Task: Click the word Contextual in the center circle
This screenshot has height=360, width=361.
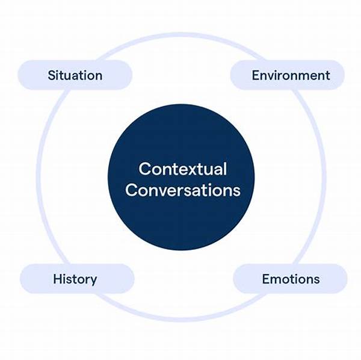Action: (x=182, y=169)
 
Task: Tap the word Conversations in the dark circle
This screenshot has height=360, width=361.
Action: (x=183, y=190)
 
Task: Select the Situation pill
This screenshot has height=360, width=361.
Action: (x=75, y=75)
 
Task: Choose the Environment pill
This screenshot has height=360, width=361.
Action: (x=288, y=75)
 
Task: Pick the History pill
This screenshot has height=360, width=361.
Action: (x=77, y=279)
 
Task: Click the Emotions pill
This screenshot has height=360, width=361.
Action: (x=290, y=279)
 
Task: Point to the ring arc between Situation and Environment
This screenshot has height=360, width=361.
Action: (x=181, y=35)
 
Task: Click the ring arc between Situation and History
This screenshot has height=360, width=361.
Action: (x=39, y=178)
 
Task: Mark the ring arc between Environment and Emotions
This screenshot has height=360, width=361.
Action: (x=324, y=178)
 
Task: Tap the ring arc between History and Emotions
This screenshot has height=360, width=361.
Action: (x=181, y=320)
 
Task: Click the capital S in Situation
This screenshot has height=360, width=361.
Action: (x=52, y=75)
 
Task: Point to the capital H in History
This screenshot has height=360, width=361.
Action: (x=58, y=279)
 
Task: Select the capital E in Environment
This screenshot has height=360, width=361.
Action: (x=256, y=75)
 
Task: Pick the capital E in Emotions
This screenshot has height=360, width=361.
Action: (x=266, y=279)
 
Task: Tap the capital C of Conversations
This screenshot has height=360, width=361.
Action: (x=132, y=190)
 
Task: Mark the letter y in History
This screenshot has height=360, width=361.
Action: (x=93, y=281)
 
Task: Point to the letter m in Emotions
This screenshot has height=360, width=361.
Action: (x=276, y=280)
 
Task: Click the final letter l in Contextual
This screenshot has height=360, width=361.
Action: (x=226, y=169)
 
